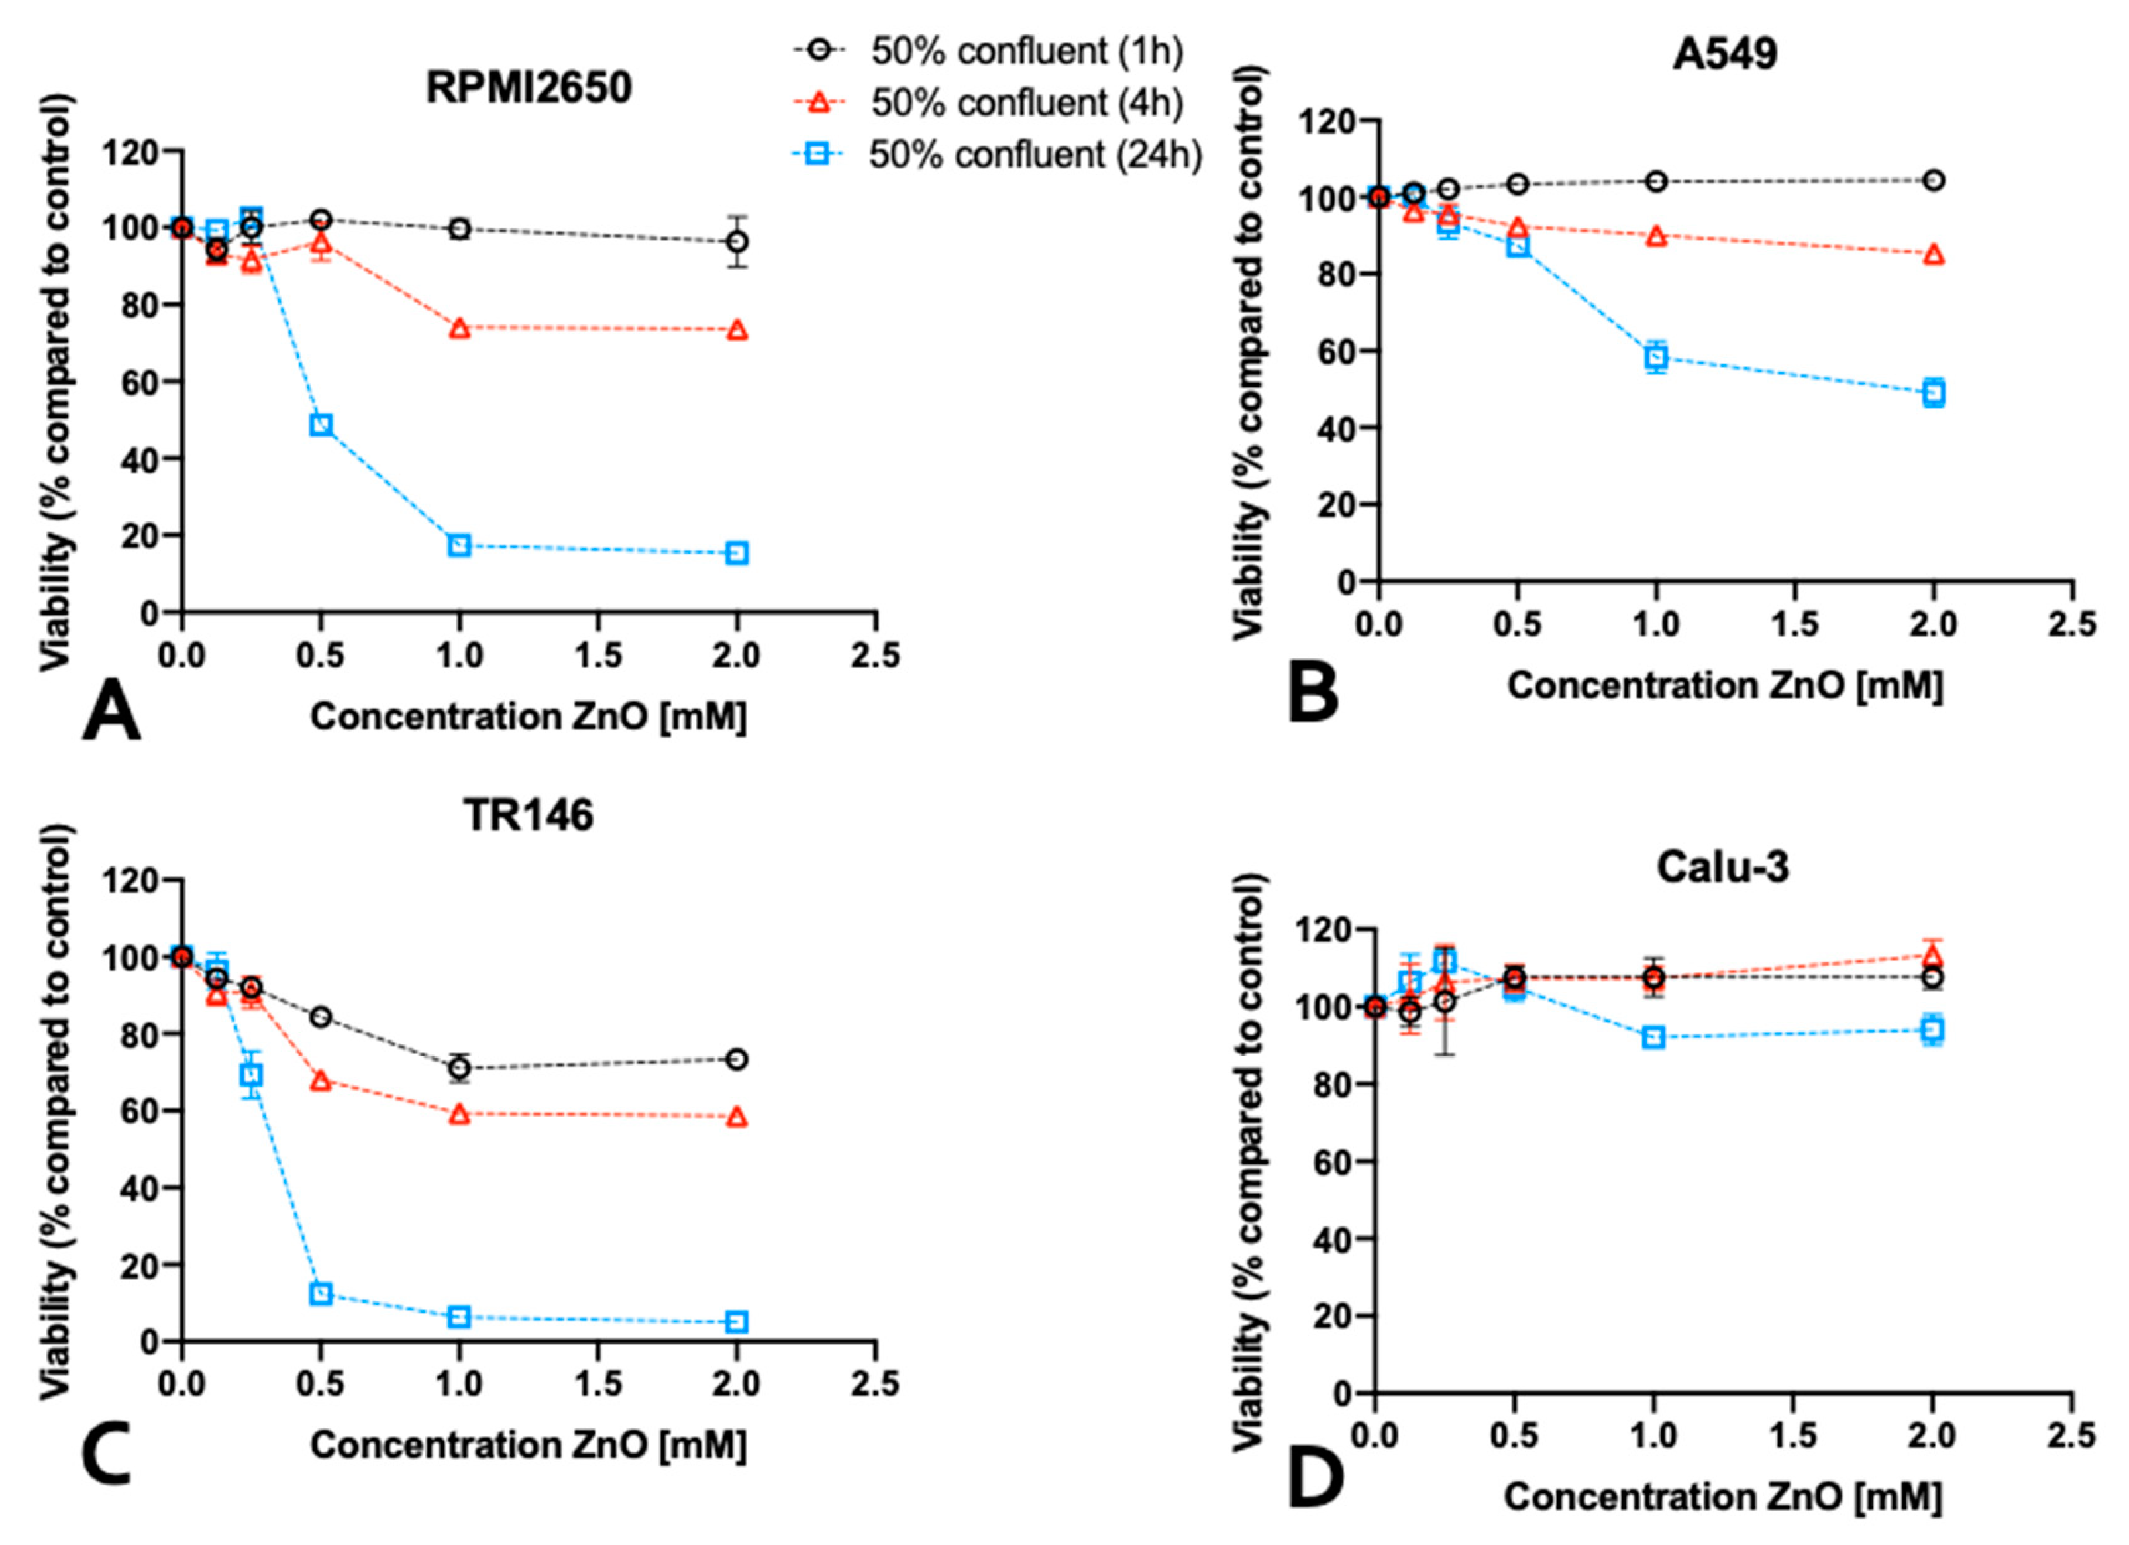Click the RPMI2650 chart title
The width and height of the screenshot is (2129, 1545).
point(529,88)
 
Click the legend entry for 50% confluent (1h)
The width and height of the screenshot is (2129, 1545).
point(1026,52)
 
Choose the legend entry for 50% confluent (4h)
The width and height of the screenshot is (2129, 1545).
point(1026,103)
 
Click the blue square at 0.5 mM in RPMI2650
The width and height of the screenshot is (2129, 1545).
point(321,425)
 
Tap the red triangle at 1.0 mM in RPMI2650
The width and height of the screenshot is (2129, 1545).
point(459,328)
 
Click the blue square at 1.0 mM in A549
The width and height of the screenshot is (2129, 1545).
point(1656,357)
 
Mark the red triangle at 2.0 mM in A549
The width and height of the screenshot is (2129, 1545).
point(1933,254)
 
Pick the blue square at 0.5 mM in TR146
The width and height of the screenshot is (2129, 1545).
point(321,1293)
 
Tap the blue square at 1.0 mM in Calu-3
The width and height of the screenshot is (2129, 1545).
point(1653,1037)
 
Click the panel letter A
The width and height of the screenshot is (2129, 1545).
point(111,713)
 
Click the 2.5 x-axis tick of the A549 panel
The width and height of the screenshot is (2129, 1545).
point(2071,624)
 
